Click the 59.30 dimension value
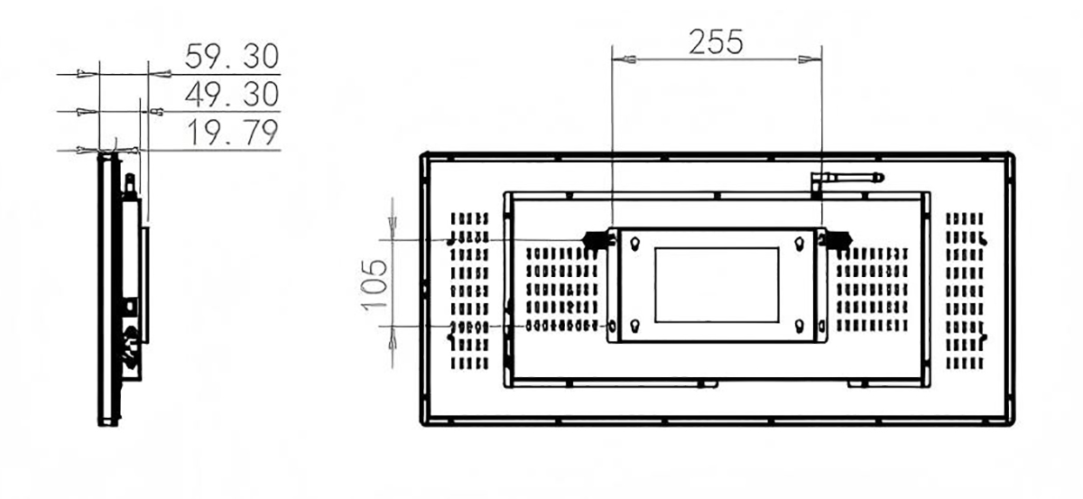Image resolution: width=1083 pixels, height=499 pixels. pos(232,56)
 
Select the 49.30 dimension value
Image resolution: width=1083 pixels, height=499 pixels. pos(232,94)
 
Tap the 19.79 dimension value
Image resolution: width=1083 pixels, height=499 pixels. pos(233,132)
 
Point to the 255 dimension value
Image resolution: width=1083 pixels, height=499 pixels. pos(716,42)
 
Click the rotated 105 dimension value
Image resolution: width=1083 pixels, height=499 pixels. pos(375,285)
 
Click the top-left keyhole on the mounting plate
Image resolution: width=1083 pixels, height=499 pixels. pos(635,244)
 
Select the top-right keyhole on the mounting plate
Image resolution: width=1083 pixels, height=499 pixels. pos(800,244)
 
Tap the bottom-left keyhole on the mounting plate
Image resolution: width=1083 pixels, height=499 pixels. pos(635,327)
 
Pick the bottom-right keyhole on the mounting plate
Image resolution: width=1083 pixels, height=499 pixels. pos(800,327)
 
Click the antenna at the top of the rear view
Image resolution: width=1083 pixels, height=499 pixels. pos(847,179)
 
